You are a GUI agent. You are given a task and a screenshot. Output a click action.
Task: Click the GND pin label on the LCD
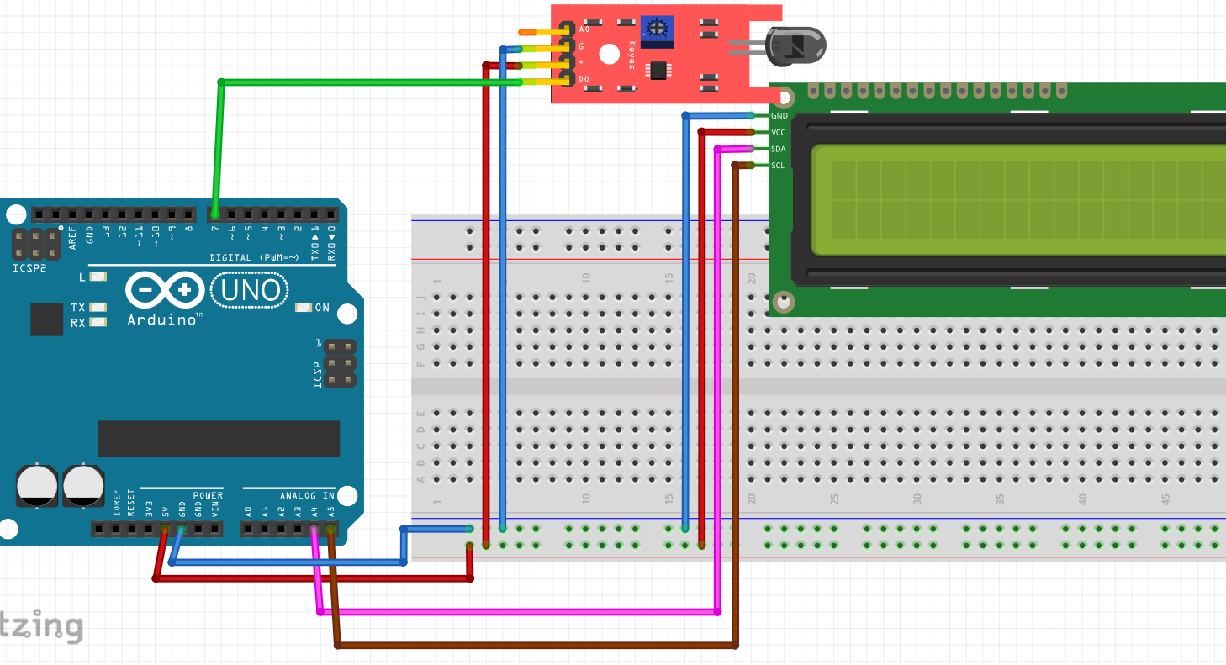coord(779,116)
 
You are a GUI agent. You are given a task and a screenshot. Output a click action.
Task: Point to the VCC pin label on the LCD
coord(779,133)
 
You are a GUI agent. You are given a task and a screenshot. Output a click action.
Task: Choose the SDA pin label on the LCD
coord(779,149)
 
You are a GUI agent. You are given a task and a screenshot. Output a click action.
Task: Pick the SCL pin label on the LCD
coord(779,166)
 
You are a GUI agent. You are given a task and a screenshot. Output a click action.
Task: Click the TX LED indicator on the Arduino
coord(98,308)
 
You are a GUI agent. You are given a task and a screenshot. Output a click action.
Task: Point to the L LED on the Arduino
coord(98,277)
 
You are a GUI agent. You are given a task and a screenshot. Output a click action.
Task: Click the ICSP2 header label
coord(29,269)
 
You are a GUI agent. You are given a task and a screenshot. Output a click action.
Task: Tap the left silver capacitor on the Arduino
coord(38,485)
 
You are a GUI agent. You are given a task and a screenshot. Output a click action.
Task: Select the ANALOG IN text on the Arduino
coord(308,495)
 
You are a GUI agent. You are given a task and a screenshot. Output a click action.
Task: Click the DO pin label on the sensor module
coord(584,80)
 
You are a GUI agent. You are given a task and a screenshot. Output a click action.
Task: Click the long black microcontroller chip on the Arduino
coord(219,438)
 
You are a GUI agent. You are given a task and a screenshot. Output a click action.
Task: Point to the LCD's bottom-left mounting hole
coord(784,301)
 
